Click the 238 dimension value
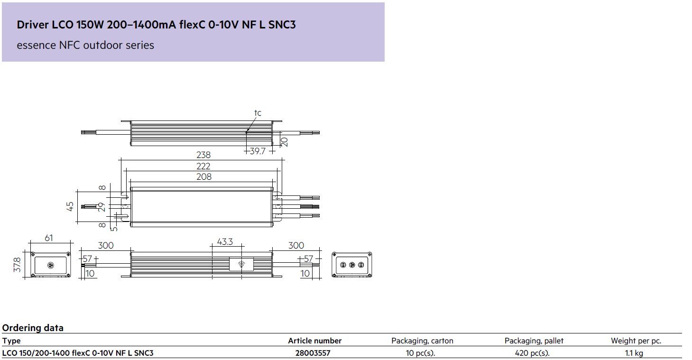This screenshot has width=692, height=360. pyautogui.click(x=203, y=155)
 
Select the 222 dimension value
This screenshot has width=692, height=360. pyautogui.click(x=203, y=166)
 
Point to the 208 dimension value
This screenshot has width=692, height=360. pyautogui.click(x=204, y=177)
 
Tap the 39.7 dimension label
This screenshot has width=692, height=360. pyautogui.click(x=258, y=151)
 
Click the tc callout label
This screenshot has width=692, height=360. pyautogui.click(x=258, y=113)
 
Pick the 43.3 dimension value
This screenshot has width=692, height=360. pyautogui.click(x=225, y=241)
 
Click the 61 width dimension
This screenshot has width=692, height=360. pyautogui.click(x=49, y=238)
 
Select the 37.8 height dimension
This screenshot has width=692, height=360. pyautogui.click(x=17, y=265)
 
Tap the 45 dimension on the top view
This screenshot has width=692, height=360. pyautogui.click(x=70, y=206)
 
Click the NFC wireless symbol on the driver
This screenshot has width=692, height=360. pyautogui.click(x=241, y=264)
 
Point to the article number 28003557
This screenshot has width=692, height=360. pyautogui.click(x=313, y=353)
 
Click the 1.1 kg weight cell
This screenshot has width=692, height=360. pyautogui.click(x=634, y=353)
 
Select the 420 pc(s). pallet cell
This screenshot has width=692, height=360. pyautogui.click(x=532, y=353)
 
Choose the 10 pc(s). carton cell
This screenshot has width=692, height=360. pyautogui.click(x=420, y=353)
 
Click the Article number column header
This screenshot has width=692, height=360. pyautogui.click(x=315, y=341)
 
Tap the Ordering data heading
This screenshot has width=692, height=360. pyautogui.click(x=33, y=328)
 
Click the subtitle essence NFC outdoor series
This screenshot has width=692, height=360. pyautogui.click(x=85, y=45)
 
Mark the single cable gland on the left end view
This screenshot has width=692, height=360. pyautogui.click(x=51, y=265)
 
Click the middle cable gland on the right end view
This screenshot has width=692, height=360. pyautogui.click(x=352, y=265)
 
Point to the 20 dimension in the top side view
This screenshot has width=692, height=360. pyautogui.click(x=285, y=142)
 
